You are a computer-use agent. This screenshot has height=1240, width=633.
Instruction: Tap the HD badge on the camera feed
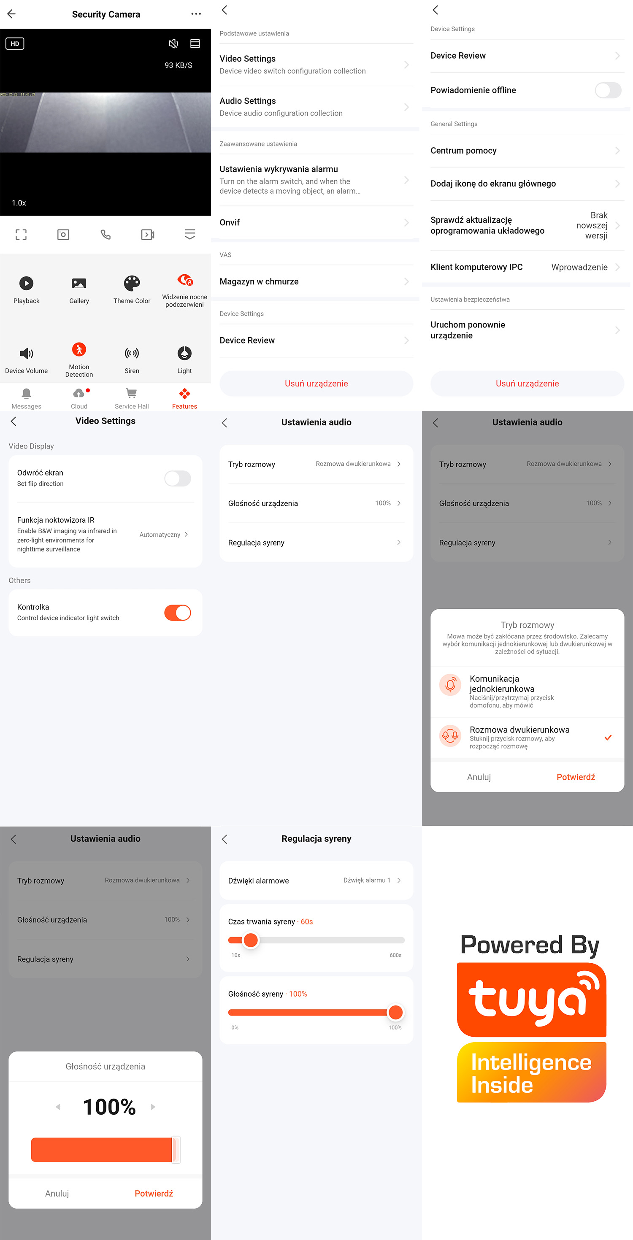coord(15,44)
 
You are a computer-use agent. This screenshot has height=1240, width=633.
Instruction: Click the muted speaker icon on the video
coord(173,44)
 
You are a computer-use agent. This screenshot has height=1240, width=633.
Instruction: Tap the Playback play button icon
coord(27,283)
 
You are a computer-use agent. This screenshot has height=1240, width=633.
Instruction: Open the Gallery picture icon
coord(79,283)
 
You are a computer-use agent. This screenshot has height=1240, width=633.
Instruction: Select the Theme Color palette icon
coord(132,283)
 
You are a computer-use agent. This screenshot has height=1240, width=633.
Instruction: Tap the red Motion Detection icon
coord(79,349)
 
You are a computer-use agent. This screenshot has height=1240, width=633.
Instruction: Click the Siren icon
coord(132,353)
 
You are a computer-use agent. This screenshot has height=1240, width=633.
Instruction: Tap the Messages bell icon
coord(27,393)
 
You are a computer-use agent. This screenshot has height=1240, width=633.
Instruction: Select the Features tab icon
coord(184,393)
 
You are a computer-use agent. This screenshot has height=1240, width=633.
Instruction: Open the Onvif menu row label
coord(230,222)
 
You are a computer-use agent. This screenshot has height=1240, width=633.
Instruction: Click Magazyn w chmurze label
coord(259,281)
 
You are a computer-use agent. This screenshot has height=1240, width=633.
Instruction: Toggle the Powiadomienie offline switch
coord(608,90)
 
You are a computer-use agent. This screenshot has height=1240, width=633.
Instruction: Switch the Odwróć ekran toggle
coord(178,478)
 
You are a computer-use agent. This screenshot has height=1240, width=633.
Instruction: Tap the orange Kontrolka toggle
coord(178,613)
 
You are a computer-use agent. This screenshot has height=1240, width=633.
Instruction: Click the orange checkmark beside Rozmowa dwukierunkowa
coord(608,738)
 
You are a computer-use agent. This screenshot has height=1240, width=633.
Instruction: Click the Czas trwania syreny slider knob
coord(251,940)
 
